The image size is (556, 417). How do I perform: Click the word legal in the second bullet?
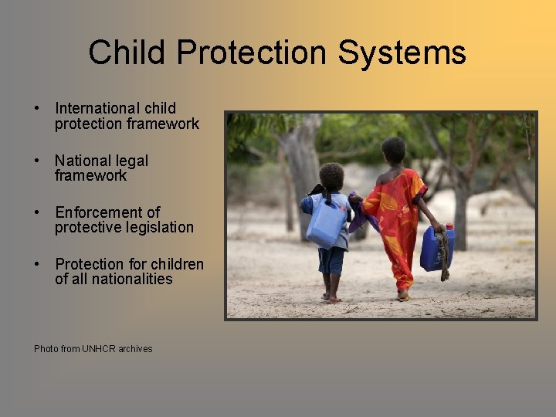(x=133, y=161)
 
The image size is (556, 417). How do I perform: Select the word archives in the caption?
(x=135, y=349)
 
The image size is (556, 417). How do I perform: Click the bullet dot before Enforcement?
(x=37, y=212)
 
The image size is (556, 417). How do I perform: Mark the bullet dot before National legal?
(x=37, y=161)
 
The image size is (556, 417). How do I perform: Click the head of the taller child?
(x=393, y=151)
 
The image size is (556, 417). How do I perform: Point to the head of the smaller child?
(x=331, y=177)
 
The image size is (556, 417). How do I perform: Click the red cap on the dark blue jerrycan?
(x=449, y=227)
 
